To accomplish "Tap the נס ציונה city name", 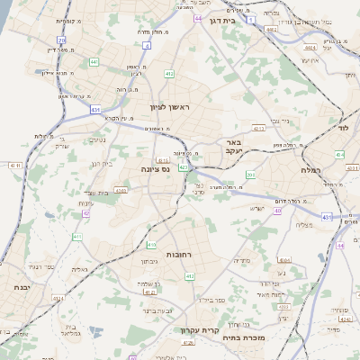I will tap(156, 168).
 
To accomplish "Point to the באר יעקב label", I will tap(233, 148).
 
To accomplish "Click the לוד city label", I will tap(342, 128).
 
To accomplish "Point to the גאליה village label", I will tap(78, 270).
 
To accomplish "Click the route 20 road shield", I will tap(61, 40).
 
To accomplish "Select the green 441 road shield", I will tap(94, 62).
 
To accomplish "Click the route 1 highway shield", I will tap(253, 18).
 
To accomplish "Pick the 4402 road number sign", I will tap(271, 29).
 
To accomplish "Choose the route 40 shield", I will tap(278, 211).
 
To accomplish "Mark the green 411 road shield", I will tap(77, 237).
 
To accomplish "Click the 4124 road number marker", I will tap(58, 297).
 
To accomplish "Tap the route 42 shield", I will tap(85, 213).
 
